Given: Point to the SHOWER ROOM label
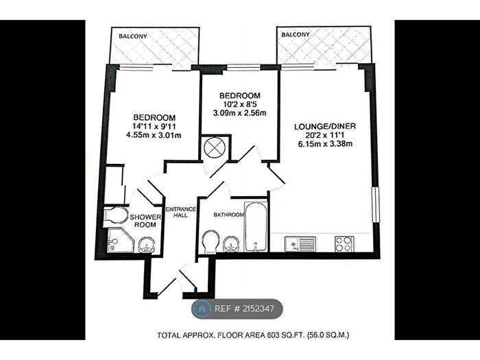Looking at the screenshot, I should tap(146, 221).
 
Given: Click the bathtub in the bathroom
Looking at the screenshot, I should tap(254, 226).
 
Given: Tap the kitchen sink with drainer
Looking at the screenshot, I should tap(300, 243).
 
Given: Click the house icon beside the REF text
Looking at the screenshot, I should tap(203, 309).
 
